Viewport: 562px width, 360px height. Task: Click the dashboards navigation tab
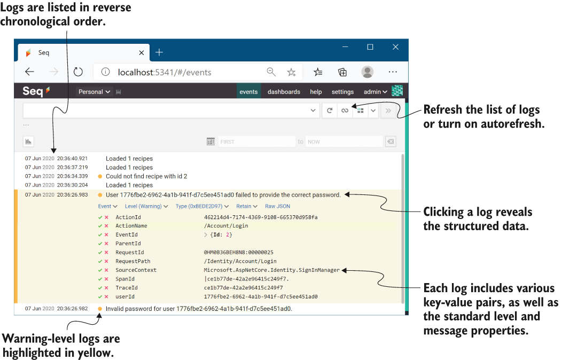pyautogui.click(x=284, y=92)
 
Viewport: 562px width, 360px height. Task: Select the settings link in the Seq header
pyautogui.click(x=342, y=92)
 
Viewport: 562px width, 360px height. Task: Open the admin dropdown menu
pyautogui.click(x=375, y=92)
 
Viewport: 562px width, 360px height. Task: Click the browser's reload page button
pyautogui.click(x=78, y=72)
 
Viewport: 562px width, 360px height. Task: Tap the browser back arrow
pyautogui.click(x=30, y=72)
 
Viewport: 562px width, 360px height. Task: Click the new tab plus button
pyautogui.click(x=159, y=52)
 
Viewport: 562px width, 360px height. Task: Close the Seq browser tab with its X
pyautogui.click(x=142, y=53)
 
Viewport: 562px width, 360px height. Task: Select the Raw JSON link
pyautogui.click(x=277, y=206)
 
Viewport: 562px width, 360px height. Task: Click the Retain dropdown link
pyautogui.click(x=247, y=206)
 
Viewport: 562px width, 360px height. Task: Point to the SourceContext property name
pyautogui.click(x=136, y=270)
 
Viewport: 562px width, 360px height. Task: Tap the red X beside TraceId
pyautogui.click(x=106, y=288)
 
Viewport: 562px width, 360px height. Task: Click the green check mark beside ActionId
pyautogui.click(x=100, y=217)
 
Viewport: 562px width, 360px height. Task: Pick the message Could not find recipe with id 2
pyautogui.click(x=146, y=176)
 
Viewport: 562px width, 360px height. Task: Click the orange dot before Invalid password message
pyautogui.click(x=100, y=309)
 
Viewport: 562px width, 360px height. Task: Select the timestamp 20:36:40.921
pyautogui.click(x=72, y=158)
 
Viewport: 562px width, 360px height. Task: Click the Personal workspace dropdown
pyautogui.click(x=94, y=92)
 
